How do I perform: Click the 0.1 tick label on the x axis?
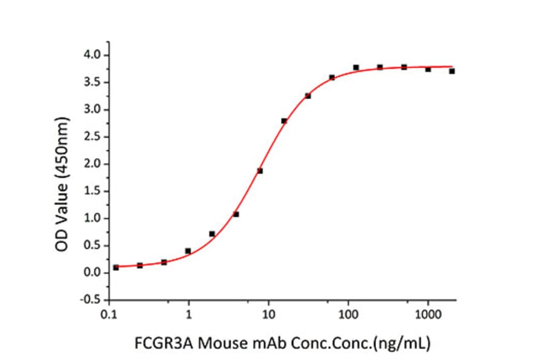[x=109, y=315]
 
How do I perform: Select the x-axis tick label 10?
[x=269, y=315]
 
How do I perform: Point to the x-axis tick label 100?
[x=348, y=315]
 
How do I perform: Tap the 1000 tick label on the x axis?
[x=428, y=315]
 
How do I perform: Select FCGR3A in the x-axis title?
[x=159, y=343]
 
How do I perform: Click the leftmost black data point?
[x=116, y=267]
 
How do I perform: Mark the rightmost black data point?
[x=452, y=71]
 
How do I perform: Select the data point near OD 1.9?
[x=260, y=171]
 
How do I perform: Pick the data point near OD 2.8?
[x=284, y=121]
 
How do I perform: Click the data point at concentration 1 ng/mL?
[x=188, y=251]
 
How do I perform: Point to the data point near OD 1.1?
[x=236, y=214]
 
